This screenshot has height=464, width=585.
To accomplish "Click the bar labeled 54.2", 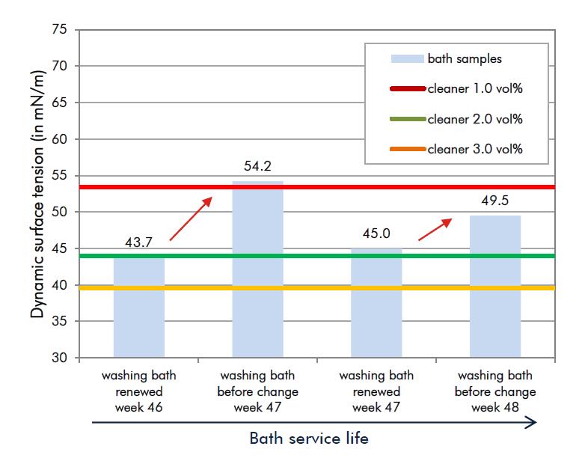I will pyautogui.click(x=257, y=269).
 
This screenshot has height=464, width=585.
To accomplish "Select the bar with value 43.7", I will pyautogui.click(x=138, y=307).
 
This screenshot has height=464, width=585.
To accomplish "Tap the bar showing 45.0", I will pyautogui.click(x=376, y=303).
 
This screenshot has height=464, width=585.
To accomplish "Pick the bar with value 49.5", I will pyautogui.click(x=495, y=287).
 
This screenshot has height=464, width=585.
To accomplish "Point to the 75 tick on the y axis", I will pyautogui.click(x=60, y=29).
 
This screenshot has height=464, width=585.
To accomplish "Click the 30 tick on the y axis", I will pyautogui.click(x=60, y=358).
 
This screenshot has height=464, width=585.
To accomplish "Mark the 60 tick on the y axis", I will pyautogui.click(x=60, y=139).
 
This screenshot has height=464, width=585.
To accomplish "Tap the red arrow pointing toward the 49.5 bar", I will pyautogui.click(x=435, y=229).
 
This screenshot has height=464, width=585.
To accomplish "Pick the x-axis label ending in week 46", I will pyautogui.click(x=138, y=392).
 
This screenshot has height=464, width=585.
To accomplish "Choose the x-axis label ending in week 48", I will pyautogui.click(x=495, y=392).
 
